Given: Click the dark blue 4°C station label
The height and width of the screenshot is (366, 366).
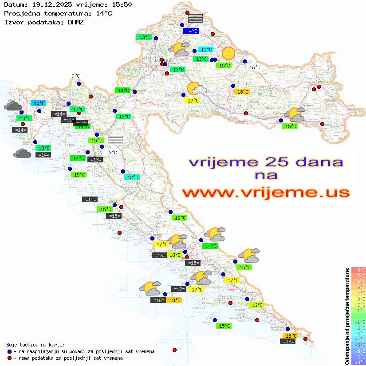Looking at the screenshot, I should [193, 31].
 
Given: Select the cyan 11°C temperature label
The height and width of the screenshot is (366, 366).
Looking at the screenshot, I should [205, 49].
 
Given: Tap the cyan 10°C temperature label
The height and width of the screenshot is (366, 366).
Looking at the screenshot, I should [39, 103].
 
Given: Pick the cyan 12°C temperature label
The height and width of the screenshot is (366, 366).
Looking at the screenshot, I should [132, 177].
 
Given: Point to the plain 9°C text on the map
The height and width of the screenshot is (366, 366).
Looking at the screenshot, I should [75, 76].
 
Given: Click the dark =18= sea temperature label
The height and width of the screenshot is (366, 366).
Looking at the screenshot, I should [288, 341].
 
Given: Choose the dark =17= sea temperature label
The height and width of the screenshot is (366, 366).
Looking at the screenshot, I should [179, 289].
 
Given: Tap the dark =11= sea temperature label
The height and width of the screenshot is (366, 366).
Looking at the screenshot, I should [68, 120].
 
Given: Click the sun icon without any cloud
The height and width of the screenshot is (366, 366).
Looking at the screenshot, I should [228, 53].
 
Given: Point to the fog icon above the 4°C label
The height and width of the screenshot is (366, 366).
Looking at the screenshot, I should [195, 18].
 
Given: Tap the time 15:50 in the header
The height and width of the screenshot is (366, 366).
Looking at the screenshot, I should [122, 4].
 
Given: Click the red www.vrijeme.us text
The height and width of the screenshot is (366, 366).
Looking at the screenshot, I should [266, 193].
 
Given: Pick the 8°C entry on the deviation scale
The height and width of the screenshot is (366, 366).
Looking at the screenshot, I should [358, 270].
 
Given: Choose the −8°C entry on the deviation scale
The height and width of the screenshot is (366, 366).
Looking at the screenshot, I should [358, 362].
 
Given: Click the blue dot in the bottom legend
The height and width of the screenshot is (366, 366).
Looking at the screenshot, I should [9, 351].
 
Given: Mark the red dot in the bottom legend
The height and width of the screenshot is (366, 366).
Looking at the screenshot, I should [9, 358].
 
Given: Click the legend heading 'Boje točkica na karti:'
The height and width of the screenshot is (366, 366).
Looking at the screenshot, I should [35, 345].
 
